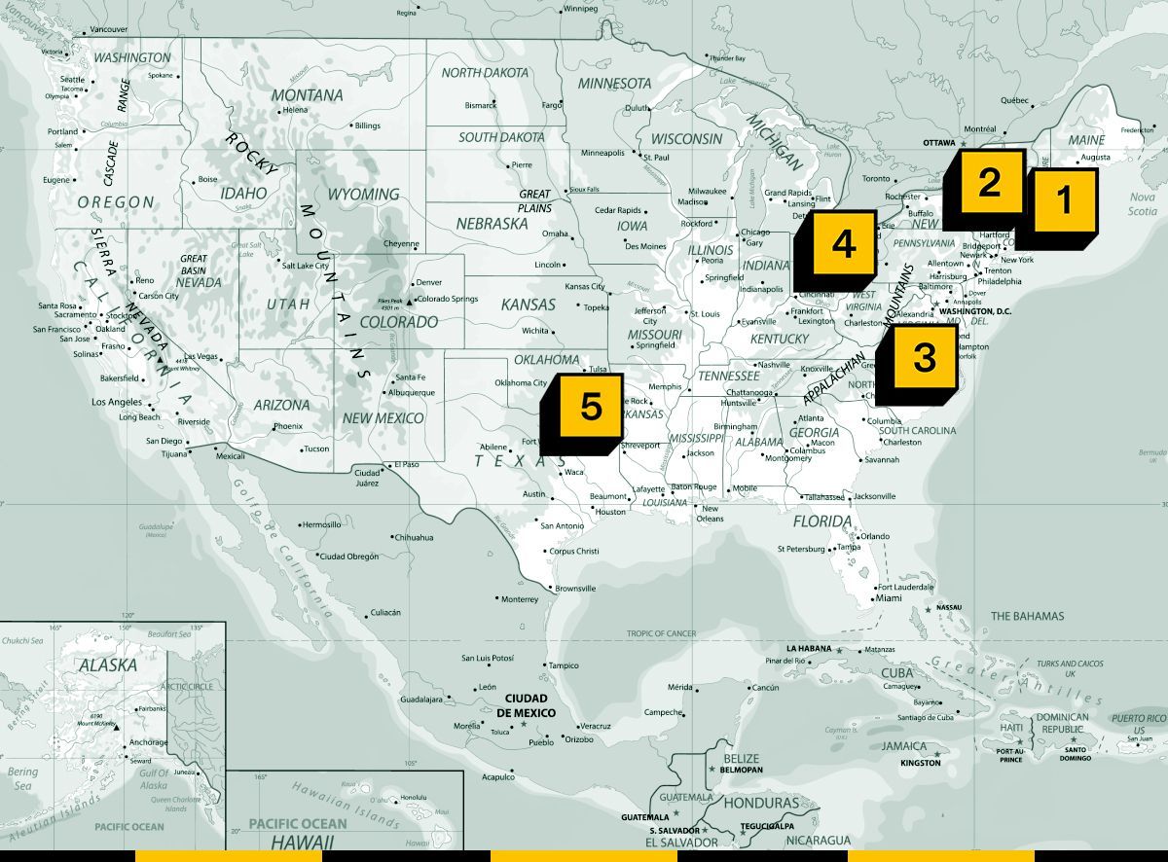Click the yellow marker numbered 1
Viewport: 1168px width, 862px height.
click(1064, 200)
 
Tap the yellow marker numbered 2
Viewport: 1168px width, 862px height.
click(989, 183)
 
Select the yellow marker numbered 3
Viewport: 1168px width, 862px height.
click(924, 358)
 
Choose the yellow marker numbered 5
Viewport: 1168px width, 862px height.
click(591, 406)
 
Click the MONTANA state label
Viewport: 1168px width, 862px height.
click(307, 95)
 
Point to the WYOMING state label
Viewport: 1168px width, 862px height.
click(362, 195)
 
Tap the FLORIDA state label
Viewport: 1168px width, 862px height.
click(822, 521)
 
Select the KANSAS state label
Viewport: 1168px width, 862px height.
click(528, 305)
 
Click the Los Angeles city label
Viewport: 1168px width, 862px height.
click(117, 402)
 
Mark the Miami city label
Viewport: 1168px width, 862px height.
click(888, 598)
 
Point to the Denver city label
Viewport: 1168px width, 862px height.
click(428, 282)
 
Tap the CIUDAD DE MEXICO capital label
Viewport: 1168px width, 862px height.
click(526, 705)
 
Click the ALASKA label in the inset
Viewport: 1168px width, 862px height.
click(108, 665)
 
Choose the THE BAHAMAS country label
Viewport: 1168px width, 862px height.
click(1027, 616)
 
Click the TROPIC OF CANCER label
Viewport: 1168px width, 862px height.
click(662, 633)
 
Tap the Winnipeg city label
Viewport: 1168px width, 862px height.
click(580, 9)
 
